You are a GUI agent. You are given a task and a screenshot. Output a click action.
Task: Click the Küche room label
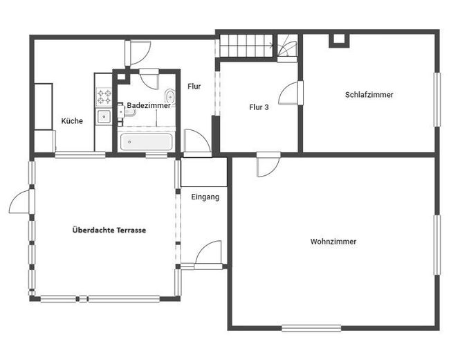tap(72, 121)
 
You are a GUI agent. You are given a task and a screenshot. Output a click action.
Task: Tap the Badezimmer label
tap(149, 105)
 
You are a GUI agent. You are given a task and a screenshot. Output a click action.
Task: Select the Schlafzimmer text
tap(369, 95)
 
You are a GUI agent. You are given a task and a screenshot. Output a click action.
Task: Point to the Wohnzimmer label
tap(333, 242)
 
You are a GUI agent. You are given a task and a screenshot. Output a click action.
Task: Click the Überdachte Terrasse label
tap(109, 230)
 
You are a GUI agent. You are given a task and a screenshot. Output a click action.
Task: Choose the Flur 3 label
tap(259, 107)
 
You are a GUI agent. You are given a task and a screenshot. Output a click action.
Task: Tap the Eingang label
tap(205, 197)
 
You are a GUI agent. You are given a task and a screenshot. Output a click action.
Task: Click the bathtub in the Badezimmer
tap(146, 142)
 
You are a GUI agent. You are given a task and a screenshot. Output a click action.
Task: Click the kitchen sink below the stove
tap(104, 116)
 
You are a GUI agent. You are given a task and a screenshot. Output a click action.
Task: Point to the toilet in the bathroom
tap(170, 96)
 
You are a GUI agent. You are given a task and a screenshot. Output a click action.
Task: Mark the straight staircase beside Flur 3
tap(247, 46)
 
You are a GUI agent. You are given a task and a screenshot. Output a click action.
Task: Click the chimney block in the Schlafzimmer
tap(339, 41)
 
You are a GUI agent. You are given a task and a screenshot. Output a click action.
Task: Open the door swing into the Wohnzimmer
tap(268, 165)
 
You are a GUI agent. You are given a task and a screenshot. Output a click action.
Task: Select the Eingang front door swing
tap(208, 253)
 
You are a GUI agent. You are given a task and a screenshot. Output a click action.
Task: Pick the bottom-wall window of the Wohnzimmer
tap(311, 328)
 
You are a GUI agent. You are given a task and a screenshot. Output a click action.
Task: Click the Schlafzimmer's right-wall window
tap(437, 100)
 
